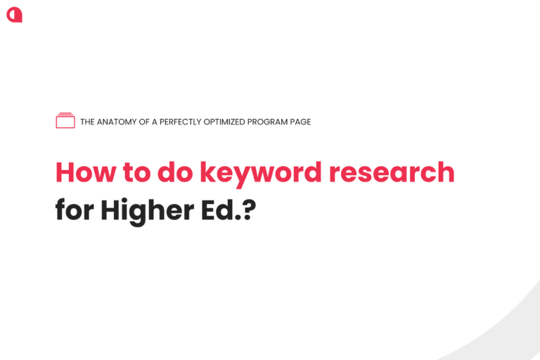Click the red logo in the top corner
point(15,15)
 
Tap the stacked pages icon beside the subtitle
point(65,120)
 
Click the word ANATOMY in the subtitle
point(117,122)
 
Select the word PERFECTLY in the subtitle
point(181,122)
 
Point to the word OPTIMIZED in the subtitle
point(224,122)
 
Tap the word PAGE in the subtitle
point(301,122)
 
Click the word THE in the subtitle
point(87,122)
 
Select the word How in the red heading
point(86,172)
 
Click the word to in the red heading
point(136,172)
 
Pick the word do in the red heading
point(175,172)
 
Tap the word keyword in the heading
point(261,174)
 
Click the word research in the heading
point(392,172)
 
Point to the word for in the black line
point(75,209)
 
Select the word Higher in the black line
point(148,212)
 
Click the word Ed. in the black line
point(221,209)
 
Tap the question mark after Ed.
point(249,210)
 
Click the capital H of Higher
point(110,210)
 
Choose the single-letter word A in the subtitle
point(155,122)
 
